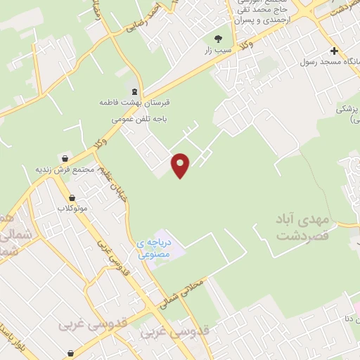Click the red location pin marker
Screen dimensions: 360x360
pyautogui.click(x=181, y=165)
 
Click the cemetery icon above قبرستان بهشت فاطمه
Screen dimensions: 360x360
pyautogui.click(x=134, y=91)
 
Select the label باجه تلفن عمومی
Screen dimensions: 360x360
pyautogui.click(x=140, y=120)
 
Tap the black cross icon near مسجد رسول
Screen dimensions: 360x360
pyautogui.click(x=334, y=51)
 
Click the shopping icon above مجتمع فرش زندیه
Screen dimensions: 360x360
pyautogui.click(x=65, y=159)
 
